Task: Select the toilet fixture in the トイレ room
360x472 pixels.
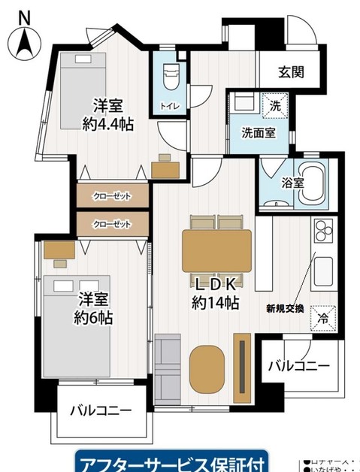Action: (169, 75)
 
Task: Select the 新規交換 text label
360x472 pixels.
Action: (285, 307)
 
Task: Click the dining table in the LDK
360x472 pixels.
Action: (216, 247)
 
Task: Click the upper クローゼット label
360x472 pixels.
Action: (112, 197)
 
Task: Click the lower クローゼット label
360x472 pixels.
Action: (112, 224)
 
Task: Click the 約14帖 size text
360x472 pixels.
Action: (216, 304)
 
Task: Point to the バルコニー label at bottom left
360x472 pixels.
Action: (101, 411)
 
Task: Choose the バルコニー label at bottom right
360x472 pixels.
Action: (299, 366)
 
